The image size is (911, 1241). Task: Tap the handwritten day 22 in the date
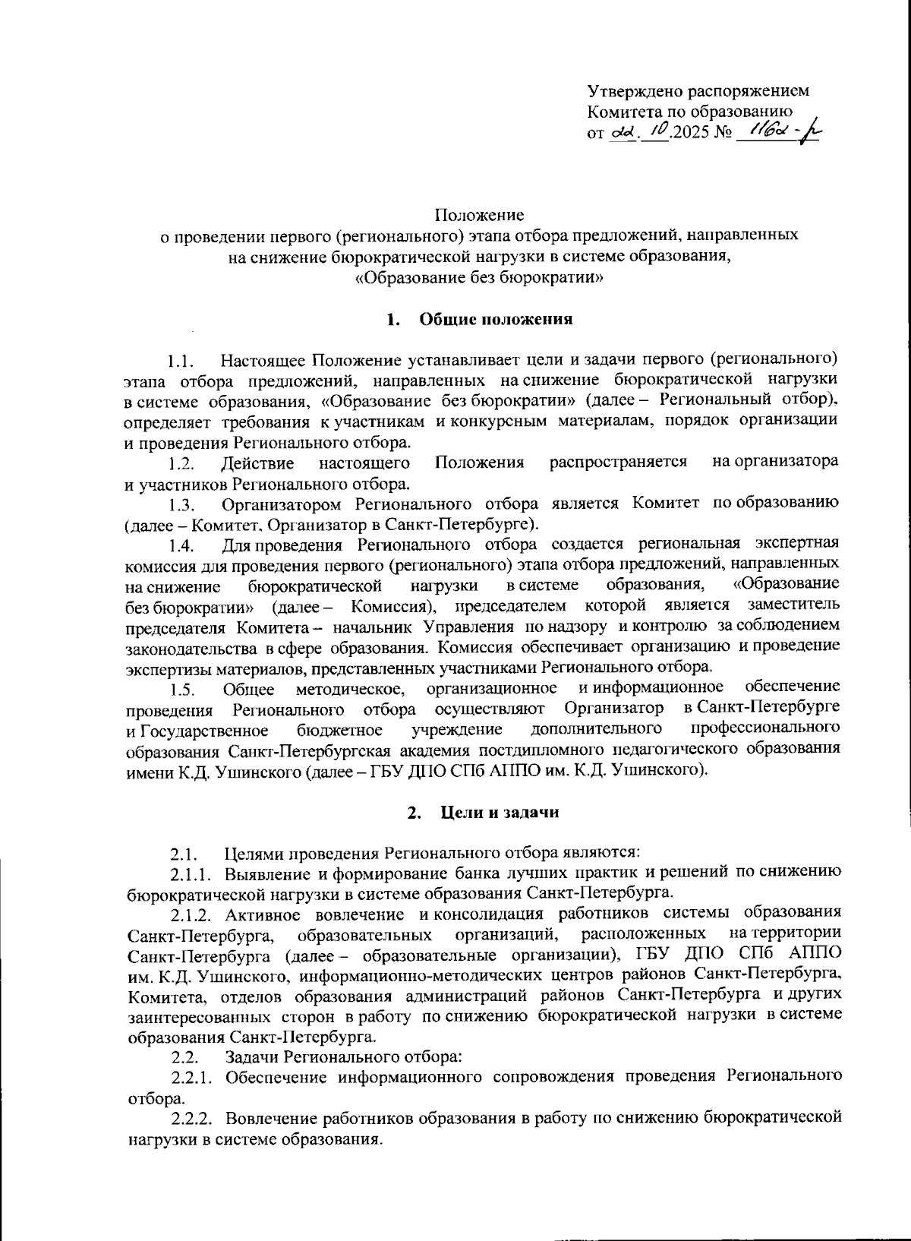621,131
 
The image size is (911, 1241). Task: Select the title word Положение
479,216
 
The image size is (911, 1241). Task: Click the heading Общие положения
496,320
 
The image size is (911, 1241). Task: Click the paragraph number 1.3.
182,505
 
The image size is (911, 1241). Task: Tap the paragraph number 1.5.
183,690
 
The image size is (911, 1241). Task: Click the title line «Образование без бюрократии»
479,278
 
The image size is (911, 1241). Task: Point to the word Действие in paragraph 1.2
257,463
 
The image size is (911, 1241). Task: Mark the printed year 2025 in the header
688,132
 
